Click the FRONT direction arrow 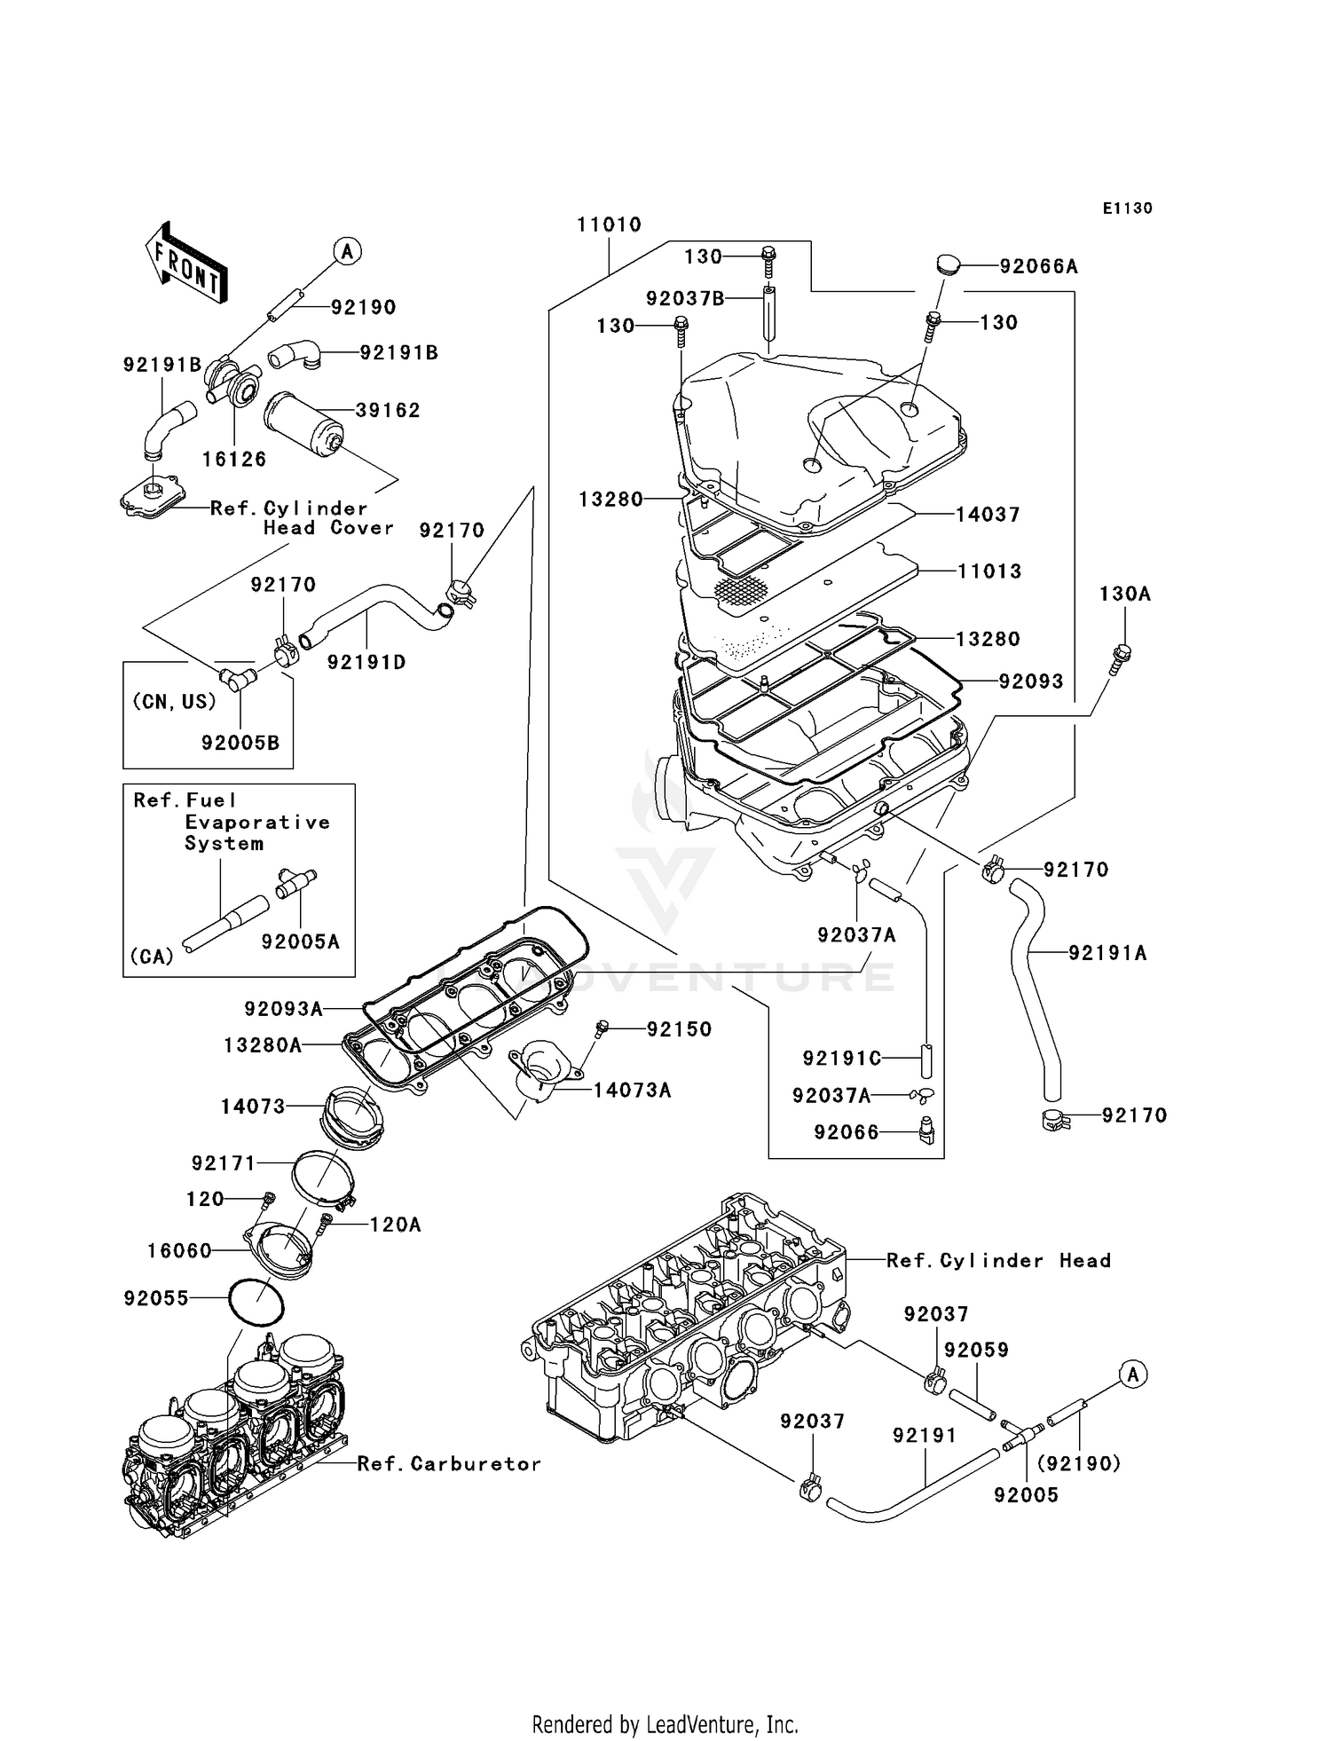[x=186, y=264]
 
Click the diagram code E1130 [x=1127, y=209]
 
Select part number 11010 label [x=609, y=225]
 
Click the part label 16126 [x=234, y=459]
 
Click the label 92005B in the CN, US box [x=240, y=743]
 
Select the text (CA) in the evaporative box [x=152, y=957]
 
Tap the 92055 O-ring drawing [x=256, y=1302]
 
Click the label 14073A [x=632, y=1090]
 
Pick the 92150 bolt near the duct [x=602, y=1028]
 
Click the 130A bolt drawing [x=1121, y=657]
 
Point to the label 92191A [x=1107, y=953]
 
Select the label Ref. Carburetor [x=449, y=1463]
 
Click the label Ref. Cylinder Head [x=998, y=1260]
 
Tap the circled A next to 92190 [x=347, y=252]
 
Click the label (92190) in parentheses [x=1079, y=1463]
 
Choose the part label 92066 [x=847, y=1132]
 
